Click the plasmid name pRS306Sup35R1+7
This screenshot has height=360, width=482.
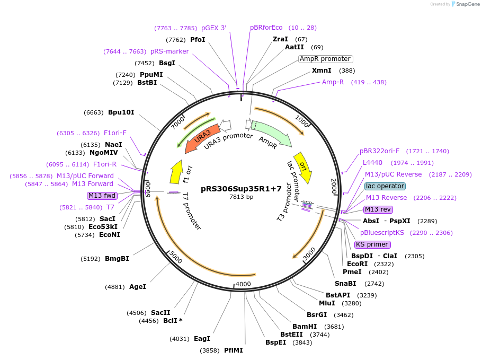241,189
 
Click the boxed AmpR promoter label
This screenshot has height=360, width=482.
325,59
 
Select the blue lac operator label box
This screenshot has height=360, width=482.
385,186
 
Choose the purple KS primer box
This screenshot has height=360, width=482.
372,244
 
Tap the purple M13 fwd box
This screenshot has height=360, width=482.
102,196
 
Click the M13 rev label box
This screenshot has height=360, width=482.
378,209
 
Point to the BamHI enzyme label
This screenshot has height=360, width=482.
305,327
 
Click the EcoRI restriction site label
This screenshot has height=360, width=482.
357,264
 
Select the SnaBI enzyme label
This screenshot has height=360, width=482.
345,284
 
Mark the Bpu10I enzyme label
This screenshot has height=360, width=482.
121,112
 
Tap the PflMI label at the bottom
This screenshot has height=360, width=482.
233,350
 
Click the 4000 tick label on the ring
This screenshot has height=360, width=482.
243,284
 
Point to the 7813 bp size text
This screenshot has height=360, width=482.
241,197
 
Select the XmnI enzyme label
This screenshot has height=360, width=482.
322,71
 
